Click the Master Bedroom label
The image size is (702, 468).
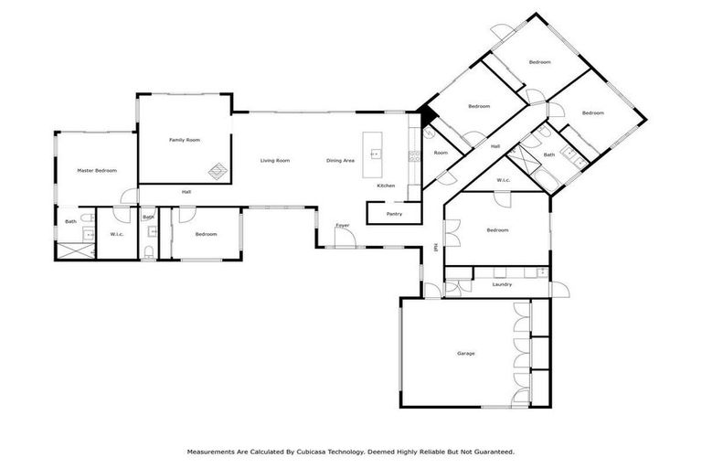(97, 170)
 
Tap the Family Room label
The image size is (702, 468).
(185, 140)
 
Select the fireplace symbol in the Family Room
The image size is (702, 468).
(218, 170)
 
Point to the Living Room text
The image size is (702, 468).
(274, 161)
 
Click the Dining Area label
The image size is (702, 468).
(340, 161)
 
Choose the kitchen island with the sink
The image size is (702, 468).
(373, 155)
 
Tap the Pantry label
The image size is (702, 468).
(394, 214)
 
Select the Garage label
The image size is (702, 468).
(465, 353)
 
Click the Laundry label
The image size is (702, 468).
(502, 284)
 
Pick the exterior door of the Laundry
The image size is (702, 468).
(561, 289)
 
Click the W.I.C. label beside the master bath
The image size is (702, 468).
(117, 234)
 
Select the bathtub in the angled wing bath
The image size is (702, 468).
(526, 164)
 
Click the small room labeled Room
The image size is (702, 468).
(441, 153)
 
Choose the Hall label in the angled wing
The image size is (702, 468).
(495, 146)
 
